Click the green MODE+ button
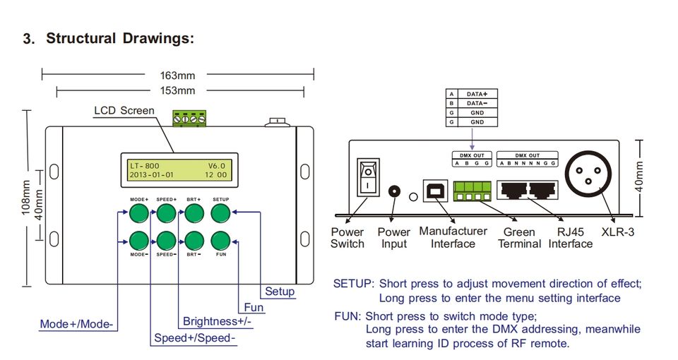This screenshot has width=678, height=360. [x=138, y=213]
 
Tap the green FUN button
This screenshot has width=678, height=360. [x=221, y=240]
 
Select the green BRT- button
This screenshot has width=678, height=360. [x=194, y=240]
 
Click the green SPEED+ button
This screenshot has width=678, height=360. [x=167, y=213]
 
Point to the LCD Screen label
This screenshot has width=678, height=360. [x=124, y=111]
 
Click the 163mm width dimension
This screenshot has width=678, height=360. [x=177, y=75]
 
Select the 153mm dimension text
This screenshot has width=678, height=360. [x=177, y=90]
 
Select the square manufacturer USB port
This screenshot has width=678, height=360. [x=433, y=191]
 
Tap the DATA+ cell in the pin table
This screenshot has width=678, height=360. [x=477, y=94]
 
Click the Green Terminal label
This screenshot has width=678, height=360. [x=519, y=237]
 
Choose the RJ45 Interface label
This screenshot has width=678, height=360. [x=570, y=237]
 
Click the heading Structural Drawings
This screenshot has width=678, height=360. [x=119, y=38]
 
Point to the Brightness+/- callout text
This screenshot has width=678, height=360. [x=218, y=322]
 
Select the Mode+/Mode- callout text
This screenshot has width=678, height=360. [x=77, y=325]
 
